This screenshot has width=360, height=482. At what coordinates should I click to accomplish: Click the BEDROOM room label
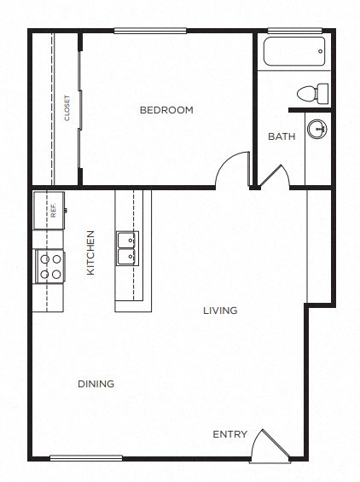pyautogui.click(x=166, y=110)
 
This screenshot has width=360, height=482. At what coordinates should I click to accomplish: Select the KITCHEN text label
pyautogui.click(x=90, y=253)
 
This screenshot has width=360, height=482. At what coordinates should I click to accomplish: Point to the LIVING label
pyautogui.click(x=219, y=311)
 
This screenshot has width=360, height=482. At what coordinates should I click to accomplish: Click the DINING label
pyautogui.click(x=96, y=384)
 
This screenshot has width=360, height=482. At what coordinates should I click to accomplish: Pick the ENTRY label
pyautogui.click(x=229, y=434)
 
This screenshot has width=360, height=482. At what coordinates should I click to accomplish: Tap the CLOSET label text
pyautogui.click(x=67, y=107)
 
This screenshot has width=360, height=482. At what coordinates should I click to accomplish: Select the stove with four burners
pyautogui.click(x=49, y=265)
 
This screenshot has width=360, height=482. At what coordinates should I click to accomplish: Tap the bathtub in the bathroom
pyautogui.click(x=294, y=54)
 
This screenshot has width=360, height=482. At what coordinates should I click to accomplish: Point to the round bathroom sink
pyautogui.click(x=316, y=131)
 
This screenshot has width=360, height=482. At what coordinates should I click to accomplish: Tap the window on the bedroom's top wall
pyautogui.click(x=150, y=31)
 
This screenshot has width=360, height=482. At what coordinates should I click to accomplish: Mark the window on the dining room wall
pyautogui.click(x=86, y=457)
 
